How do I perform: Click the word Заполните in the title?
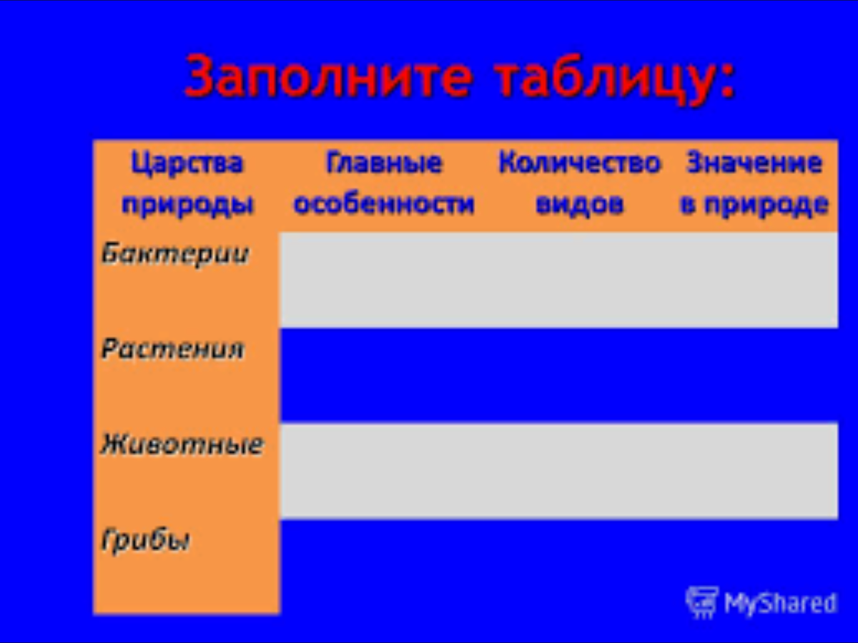(328, 76)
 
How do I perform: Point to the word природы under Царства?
(187, 205)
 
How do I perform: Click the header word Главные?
(384, 162)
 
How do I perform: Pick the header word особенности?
(384, 204)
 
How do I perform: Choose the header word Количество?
(579, 162)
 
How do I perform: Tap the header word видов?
(579, 204)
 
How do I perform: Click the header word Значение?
(754, 162)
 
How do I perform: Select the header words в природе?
(754, 204)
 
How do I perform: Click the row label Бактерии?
(174, 254)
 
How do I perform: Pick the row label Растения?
(172, 349)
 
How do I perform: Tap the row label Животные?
(182, 444)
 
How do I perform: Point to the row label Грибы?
(145, 540)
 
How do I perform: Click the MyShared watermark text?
(779, 603)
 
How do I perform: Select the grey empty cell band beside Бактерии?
(559, 280)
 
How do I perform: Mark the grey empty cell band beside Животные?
(559, 472)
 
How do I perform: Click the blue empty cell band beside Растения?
(559, 376)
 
